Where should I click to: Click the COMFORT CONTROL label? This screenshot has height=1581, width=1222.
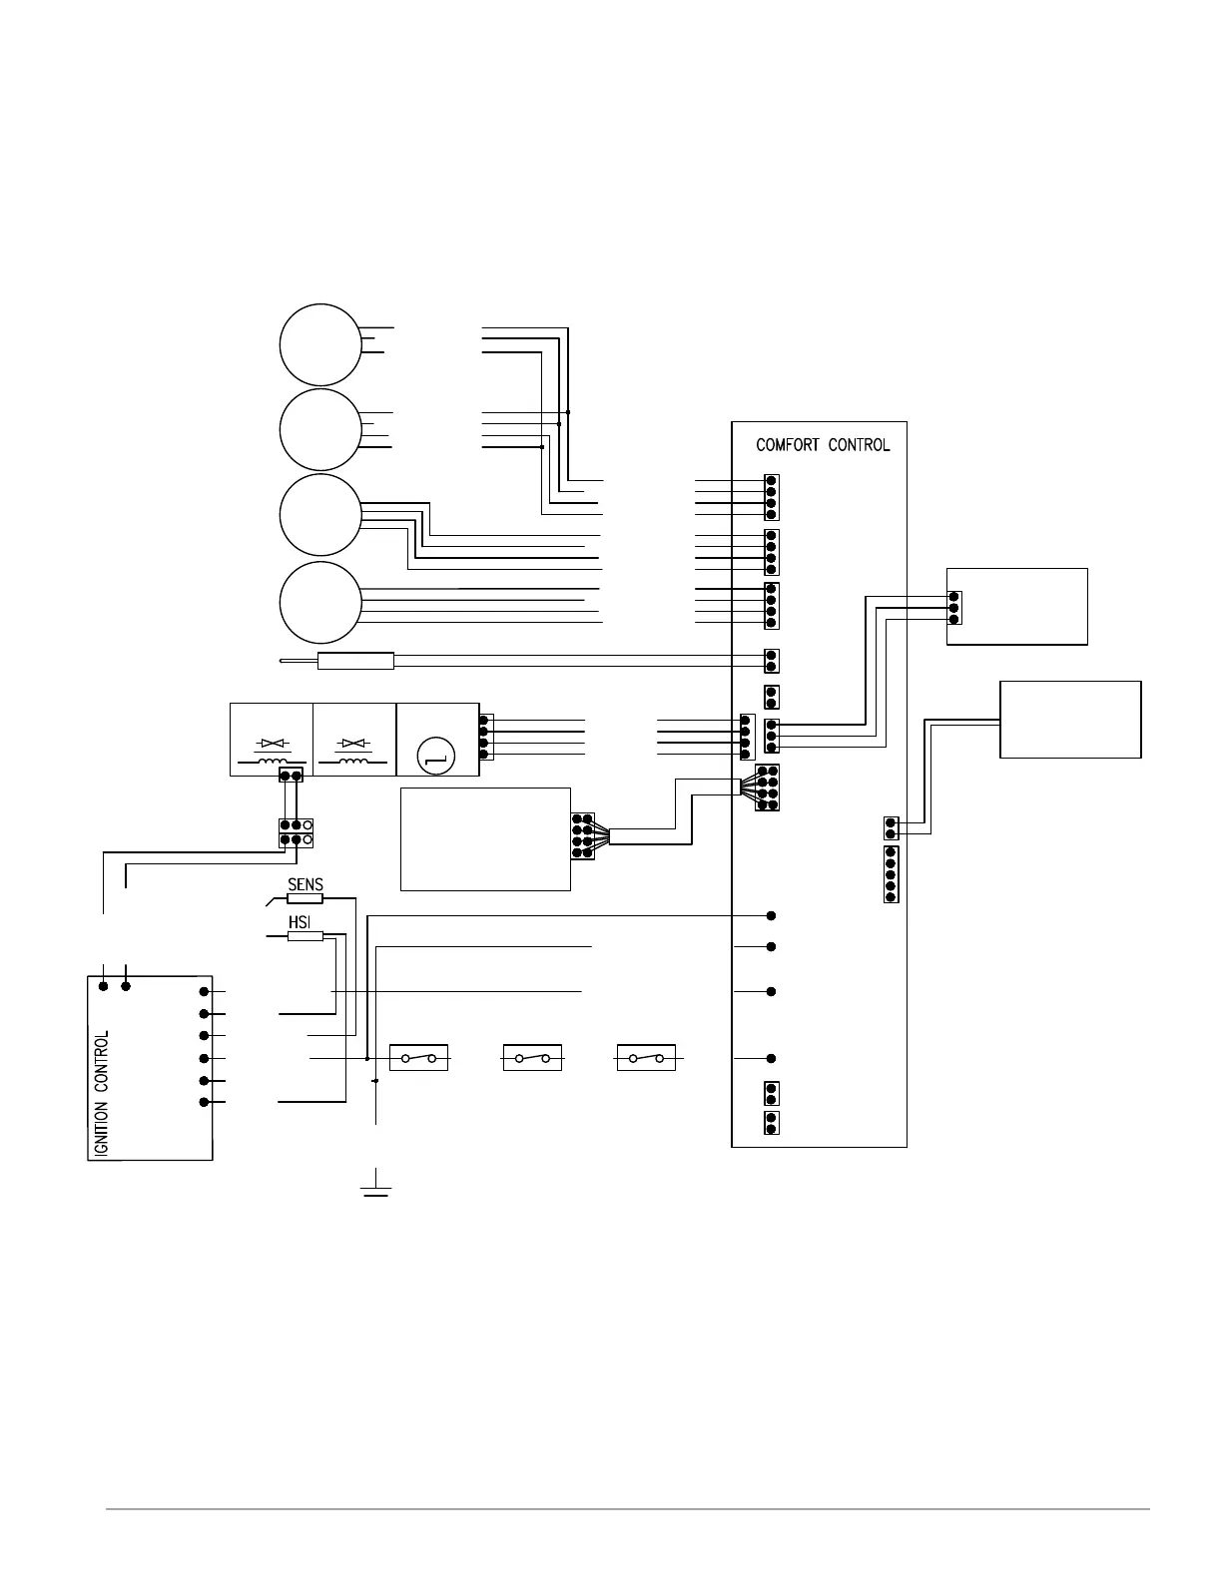click(822, 445)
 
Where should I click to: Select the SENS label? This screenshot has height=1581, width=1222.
click(305, 884)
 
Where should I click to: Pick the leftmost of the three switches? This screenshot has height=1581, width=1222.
click(418, 1058)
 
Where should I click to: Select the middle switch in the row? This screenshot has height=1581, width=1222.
click(533, 1058)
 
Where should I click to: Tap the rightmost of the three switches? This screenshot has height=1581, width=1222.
click(646, 1058)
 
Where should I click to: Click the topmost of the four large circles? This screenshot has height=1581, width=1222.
click(319, 344)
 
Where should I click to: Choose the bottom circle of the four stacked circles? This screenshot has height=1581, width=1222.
click(319, 602)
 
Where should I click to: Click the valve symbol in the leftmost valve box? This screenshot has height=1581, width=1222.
click(271, 744)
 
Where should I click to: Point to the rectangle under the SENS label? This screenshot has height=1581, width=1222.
click(305, 898)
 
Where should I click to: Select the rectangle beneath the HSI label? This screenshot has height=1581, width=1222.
click(305, 936)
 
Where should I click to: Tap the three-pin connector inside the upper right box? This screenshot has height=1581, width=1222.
click(954, 607)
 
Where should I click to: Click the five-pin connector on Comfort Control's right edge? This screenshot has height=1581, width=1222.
click(891, 873)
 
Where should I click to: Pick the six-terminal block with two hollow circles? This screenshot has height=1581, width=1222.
click(296, 832)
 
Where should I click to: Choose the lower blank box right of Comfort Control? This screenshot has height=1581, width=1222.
click(1070, 720)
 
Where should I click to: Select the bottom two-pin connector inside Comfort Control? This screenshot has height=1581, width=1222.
click(771, 1123)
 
